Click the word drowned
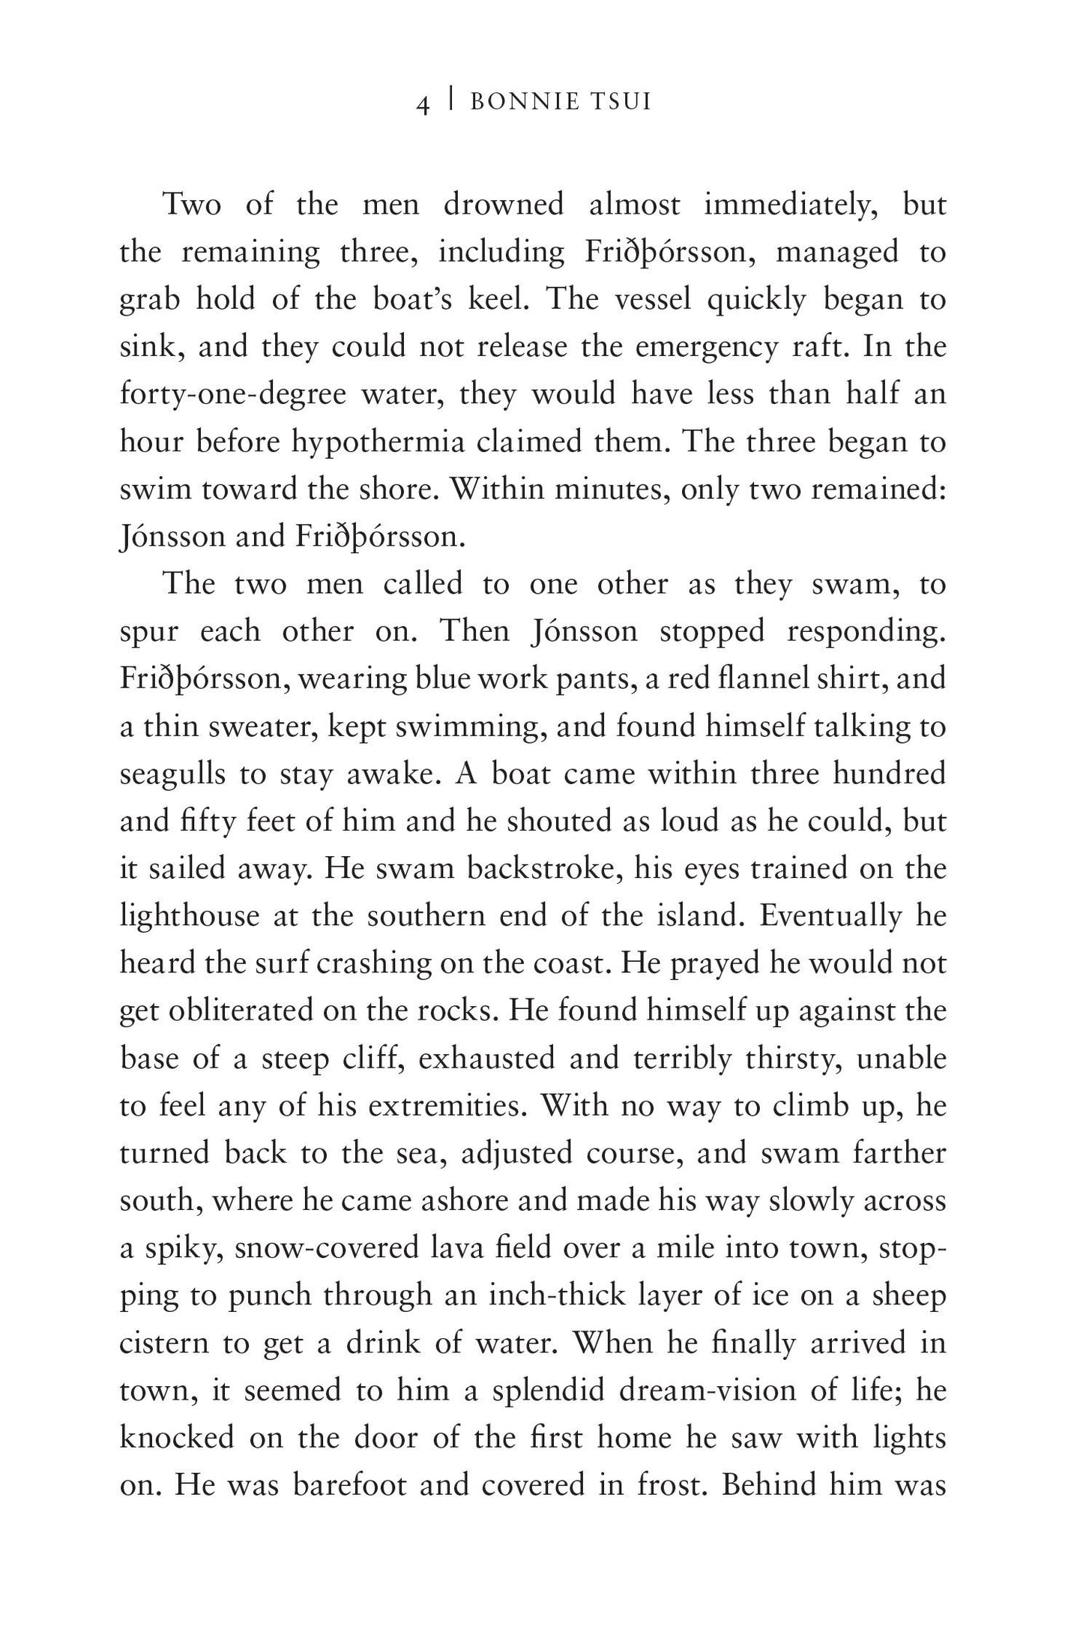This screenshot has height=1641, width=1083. (503, 204)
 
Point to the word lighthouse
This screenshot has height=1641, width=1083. (190, 916)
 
